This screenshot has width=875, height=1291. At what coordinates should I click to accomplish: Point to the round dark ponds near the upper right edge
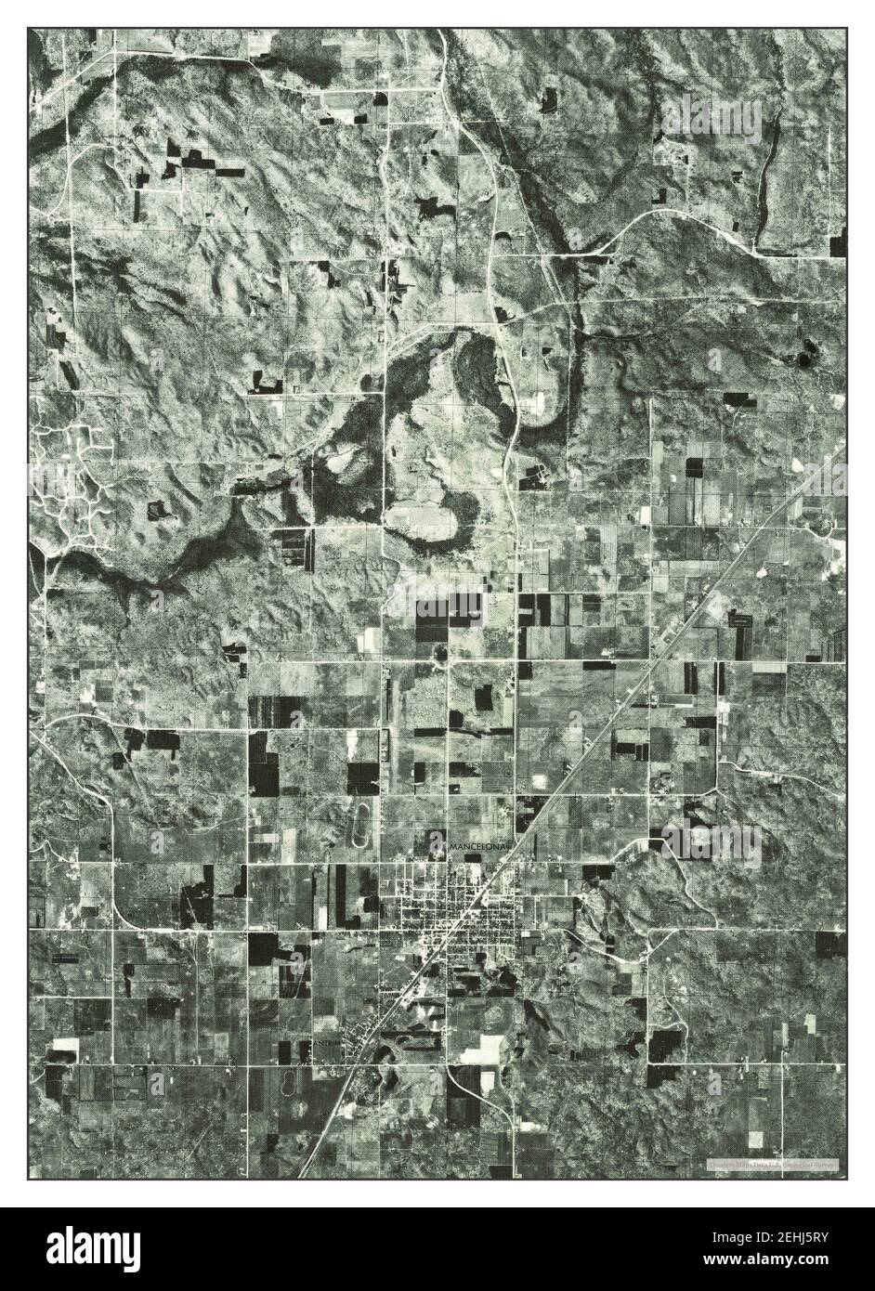point(803,354)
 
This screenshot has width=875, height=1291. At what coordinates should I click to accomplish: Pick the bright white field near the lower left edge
point(63,1045)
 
